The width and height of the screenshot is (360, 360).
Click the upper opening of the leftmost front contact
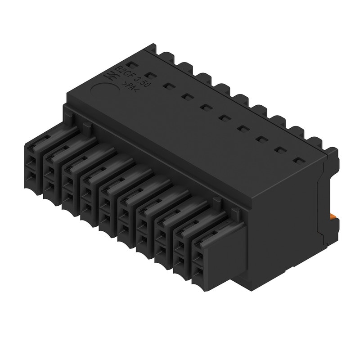tap(31, 161)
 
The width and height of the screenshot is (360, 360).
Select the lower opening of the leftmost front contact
tap(31, 176)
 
